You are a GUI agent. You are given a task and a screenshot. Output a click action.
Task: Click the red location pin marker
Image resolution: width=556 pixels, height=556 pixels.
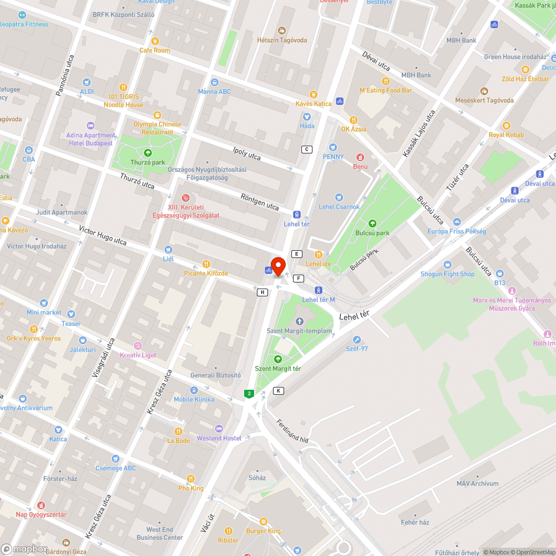277,266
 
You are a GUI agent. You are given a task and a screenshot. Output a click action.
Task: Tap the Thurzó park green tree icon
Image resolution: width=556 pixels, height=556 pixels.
148,152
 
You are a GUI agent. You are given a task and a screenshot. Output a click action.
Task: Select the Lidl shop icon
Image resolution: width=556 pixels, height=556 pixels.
168,250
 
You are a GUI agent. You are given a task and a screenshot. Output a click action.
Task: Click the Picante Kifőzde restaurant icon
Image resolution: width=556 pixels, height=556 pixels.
206,264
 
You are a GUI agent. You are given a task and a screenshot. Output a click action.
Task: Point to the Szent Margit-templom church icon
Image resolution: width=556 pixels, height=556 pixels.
300,321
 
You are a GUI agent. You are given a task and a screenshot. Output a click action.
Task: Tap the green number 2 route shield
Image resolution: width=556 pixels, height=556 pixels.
249,394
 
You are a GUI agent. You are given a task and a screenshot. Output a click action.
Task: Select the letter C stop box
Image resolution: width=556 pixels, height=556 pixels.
306,149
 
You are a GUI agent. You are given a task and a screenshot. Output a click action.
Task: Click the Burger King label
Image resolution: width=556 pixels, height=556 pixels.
263,530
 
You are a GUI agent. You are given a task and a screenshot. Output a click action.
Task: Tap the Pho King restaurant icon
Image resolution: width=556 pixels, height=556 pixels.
191,479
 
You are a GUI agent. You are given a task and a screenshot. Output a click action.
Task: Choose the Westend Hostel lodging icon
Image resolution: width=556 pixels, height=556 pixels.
219,429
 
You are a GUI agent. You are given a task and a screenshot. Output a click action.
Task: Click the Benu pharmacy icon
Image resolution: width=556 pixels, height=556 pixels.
360,157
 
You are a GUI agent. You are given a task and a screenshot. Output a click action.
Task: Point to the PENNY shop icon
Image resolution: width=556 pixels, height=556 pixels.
333,147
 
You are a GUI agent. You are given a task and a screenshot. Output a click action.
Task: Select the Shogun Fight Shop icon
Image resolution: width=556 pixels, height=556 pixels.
447,265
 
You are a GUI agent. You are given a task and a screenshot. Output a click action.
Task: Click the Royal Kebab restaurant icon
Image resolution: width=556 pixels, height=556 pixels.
506,126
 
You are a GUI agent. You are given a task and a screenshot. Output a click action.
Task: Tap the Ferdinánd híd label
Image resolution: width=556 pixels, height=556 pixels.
292,431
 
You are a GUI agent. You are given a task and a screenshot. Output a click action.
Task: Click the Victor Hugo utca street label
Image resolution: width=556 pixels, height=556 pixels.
103,235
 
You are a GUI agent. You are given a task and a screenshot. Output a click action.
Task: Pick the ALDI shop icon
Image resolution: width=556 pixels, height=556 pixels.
87,82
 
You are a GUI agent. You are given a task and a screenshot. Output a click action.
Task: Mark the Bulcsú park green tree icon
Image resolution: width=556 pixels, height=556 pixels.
373,224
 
